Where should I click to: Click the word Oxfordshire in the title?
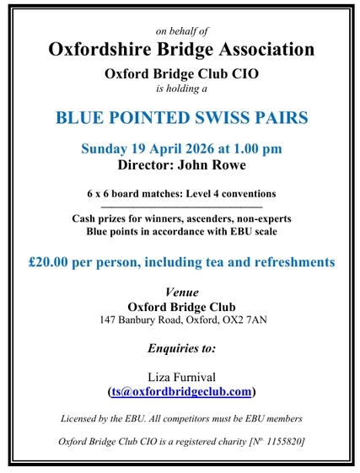(x=99, y=48)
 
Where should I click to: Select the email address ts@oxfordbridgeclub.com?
(x=180, y=391)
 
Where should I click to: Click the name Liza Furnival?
(x=180, y=376)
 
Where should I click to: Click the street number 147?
(x=108, y=320)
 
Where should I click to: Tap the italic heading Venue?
(x=181, y=291)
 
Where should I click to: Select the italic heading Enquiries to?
(x=181, y=347)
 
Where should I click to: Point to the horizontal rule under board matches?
(x=180, y=207)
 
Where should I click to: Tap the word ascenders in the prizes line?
(x=186, y=218)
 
